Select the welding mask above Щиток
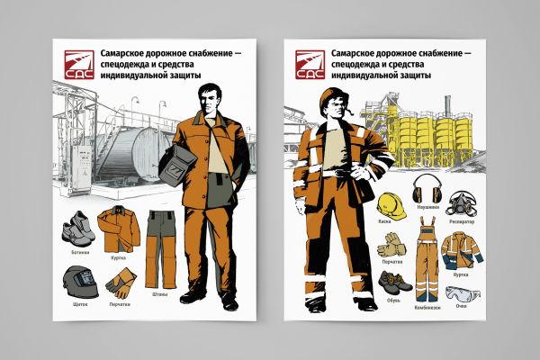click(x=76, y=283)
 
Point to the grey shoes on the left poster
click(x=78, y=229)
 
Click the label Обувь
click(x=391, y=303)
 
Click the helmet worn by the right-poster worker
click(x=326, y=95)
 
